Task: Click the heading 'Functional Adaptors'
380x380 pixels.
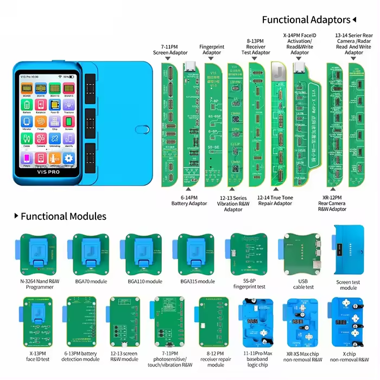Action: tap(306, 20)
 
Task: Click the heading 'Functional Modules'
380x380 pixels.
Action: tap(64, 217)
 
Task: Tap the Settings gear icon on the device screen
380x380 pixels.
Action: tap(68, 158)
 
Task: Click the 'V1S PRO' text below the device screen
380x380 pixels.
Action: tap(48, 170)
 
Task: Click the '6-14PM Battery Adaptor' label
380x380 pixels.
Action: tap(189, 201)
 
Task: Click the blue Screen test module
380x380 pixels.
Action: tap(349, 252)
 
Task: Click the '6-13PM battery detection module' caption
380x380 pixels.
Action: tap(81, 356)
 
